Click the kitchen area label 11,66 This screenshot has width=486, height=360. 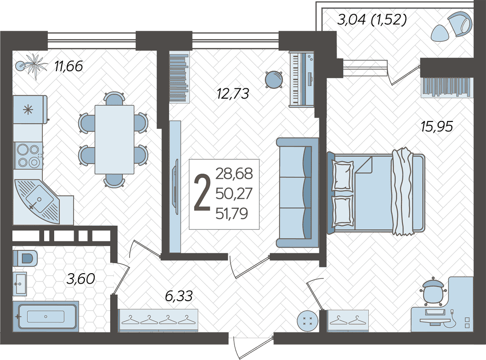pyautogui.click(x=68, y=66)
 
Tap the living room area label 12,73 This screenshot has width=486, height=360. pyautogui.click(x=233, y=93)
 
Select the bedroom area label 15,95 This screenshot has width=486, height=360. pyautogui.click(x=437, y=126)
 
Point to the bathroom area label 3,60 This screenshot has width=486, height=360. pyautogui.click(x=81, y=279)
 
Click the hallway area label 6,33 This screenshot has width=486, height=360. pyautogui.click(x=179, y=296)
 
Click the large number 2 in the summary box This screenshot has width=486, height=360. pyautogui.click(x=202, y=193)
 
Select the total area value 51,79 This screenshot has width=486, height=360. pyautogui.click(x=232, y=213)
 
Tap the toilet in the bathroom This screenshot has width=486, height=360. pyautogui.click(x=25, y=258)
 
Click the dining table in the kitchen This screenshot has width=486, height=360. pyautogui.click(x=114, y=139)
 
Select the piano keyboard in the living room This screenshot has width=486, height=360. pyautogui.click(x=301, y=79)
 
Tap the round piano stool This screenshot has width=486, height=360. pyautogui.click(x=274, y=80)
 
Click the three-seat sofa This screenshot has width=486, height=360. pyautogui.click(x=298, y=193)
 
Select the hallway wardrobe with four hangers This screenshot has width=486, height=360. pyautogui.click(x=159, y=320)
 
